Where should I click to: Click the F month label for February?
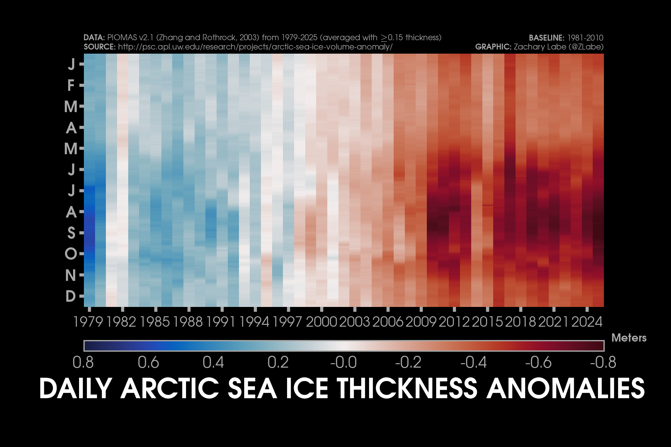click(x=71, y=86)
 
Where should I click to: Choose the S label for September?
click(x=71, y=233)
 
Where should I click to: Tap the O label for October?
click(x=71, y=254)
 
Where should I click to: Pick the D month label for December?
click(x=70, y=296)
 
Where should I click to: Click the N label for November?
click(x=70, y=275)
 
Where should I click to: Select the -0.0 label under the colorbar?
click(x=343, y=362)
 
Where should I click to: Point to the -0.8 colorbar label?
click(x=603, y=362)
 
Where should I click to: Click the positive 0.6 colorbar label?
click(x=148, y=362)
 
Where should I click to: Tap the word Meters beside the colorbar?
click(x=629, y=338)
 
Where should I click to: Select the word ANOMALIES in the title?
click(x=566, y=388)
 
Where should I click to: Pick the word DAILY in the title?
click(x=76, y=388)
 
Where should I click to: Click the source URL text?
click(x=255, y=47)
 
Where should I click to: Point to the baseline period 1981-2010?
click(x=585, y=38)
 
